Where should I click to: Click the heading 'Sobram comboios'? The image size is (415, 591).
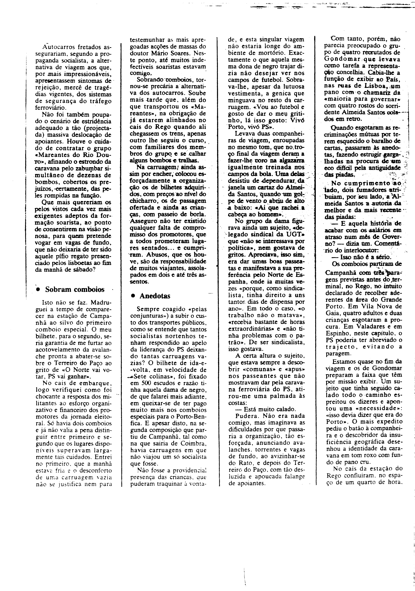coord(75,290)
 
